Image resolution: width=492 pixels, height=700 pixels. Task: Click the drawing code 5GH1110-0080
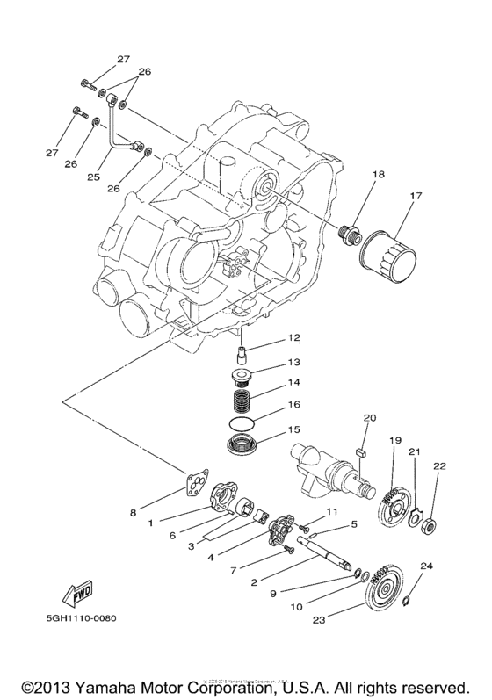click(78, 617)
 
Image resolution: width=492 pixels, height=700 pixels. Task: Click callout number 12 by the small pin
click(293, 337)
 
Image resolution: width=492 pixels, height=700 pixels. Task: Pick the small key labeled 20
click(360, 451)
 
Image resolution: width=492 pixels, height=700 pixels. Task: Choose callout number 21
click(414, 451)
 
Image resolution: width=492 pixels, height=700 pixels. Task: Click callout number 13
click(293, 361)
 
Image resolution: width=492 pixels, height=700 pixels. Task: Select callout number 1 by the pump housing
click(151, 522)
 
